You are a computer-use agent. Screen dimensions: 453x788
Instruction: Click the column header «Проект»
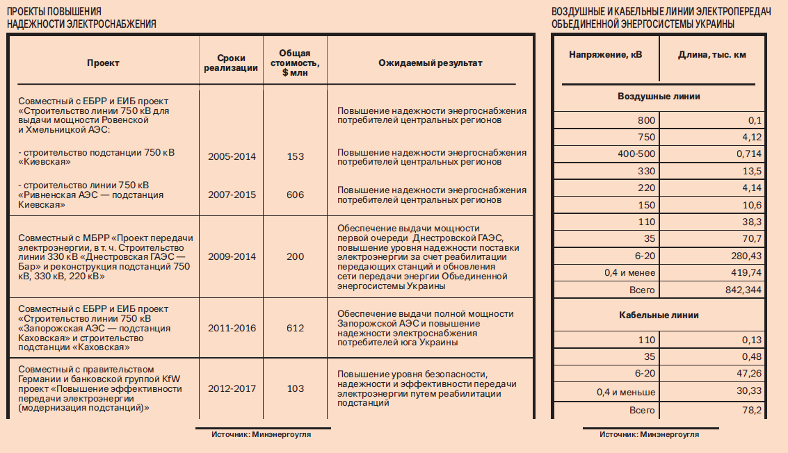tap(103, 63)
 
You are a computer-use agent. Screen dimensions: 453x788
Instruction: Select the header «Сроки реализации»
tap(232, 63)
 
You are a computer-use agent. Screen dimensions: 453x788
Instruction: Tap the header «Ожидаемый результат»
tap(430, 63)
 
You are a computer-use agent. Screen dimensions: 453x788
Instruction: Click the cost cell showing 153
tap(296, 156)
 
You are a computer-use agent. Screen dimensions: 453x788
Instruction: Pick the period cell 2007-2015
tap(232, 195)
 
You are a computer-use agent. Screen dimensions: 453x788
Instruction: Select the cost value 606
tap(296, 195)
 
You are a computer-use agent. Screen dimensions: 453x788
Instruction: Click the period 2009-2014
tap(232, 256)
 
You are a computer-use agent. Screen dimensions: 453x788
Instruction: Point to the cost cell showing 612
tap(296, 327)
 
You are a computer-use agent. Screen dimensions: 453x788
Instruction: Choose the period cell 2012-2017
tap(232, 389)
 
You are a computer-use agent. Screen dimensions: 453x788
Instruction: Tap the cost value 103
tap(296, 389)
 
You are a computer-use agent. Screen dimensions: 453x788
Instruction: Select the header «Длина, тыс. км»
tap(711, 54)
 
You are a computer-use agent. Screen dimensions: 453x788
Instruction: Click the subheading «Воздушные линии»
tap(659, 96)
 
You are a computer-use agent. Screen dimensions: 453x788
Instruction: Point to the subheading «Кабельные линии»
tap(659, 315)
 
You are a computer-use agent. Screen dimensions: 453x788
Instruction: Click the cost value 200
tap(296, 256)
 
